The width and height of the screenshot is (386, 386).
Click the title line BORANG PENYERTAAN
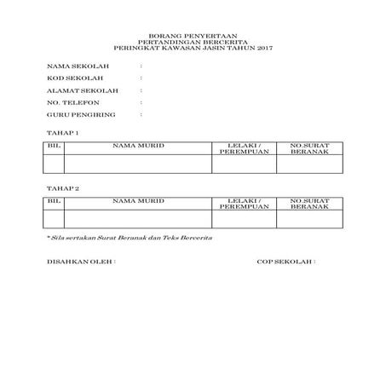[193, 39]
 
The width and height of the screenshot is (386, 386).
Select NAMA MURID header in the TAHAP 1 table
[138, 147]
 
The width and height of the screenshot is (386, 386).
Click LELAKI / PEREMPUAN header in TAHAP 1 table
[245, 149]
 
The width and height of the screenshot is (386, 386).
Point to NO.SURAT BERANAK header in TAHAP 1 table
[309, 149]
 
